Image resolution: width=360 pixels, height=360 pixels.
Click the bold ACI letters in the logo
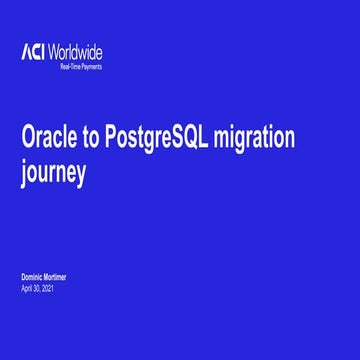point(33,52)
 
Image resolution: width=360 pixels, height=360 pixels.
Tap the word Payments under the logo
point(90,66)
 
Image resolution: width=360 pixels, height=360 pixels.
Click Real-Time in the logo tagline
point(70,66)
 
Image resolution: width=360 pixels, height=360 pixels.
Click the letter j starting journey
point(23,172)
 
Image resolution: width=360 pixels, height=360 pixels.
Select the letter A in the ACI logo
point(25,52)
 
